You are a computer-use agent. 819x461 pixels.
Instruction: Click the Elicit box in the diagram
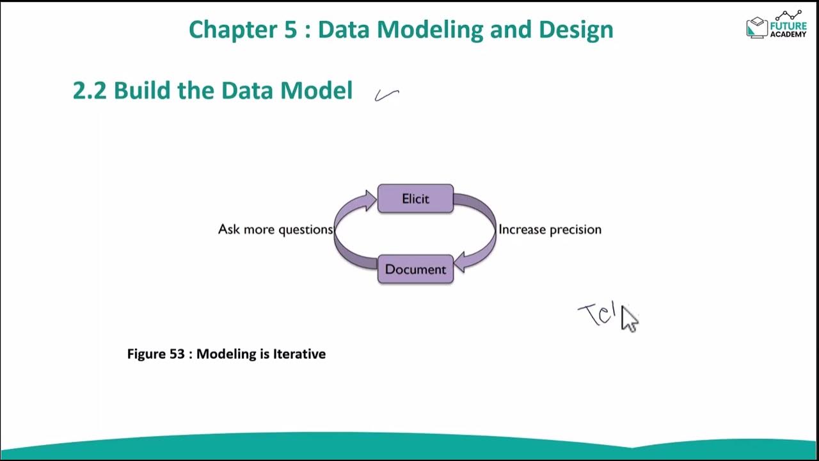coord(415,198)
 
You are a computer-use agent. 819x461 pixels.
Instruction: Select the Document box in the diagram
coord(415,269)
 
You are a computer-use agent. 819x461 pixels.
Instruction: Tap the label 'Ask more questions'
coord(275,229)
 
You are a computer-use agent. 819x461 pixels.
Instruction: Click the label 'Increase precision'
coord(550,229)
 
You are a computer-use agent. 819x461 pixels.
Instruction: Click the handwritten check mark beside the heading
coord(386,95)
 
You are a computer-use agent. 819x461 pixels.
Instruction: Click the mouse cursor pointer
coord(629,319)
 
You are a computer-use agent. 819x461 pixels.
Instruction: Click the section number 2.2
coord(90,90)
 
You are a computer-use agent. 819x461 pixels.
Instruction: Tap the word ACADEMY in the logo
coord(789,35)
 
